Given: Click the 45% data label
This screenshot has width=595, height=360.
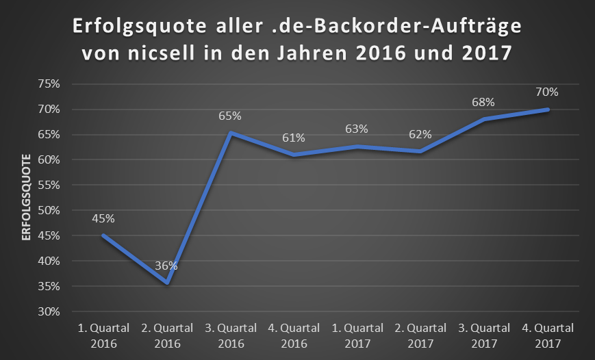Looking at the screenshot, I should tap(103, 219).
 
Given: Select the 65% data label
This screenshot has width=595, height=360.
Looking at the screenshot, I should tap(230, 117).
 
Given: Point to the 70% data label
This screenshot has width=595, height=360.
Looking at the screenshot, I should tap(548, 92).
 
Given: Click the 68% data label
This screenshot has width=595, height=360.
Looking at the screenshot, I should tap(484, 103).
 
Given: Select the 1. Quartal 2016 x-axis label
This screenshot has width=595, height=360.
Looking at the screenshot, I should tap(103, 335).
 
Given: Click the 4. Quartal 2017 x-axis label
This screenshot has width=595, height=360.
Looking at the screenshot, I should tap(548, 335).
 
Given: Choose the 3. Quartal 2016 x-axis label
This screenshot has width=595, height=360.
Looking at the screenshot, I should tap(230, 335).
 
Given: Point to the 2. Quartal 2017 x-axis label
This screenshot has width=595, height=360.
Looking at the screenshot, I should tap(420, 335).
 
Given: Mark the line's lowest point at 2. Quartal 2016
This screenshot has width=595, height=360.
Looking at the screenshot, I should tap(166, 283).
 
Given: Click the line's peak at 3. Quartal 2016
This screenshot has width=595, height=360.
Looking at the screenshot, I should tap(230, 133).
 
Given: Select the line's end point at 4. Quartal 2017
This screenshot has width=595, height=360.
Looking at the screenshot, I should tap(548, 110).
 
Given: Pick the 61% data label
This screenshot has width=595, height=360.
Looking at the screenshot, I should tap(293, 138).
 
